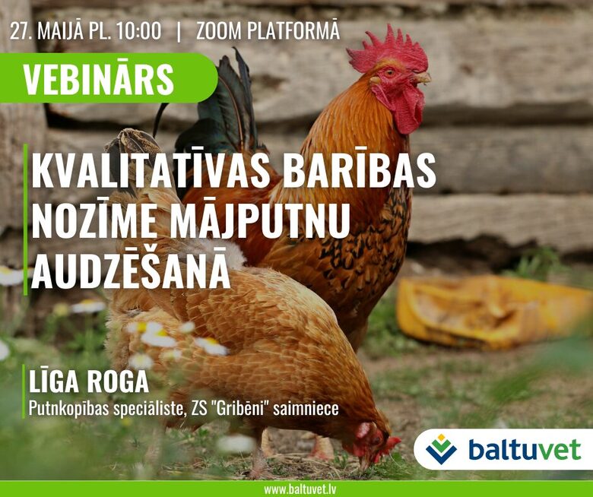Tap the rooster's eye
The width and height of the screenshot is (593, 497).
[x=389, y=71]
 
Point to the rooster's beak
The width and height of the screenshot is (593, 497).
[x=421, y=78]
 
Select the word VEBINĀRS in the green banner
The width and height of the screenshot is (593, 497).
[x=98, y=79]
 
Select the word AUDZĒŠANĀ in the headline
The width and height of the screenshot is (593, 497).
[x=131, y=270]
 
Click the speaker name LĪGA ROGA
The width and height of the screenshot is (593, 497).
[x=89, y=381]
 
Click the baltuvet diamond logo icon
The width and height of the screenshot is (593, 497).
[x=441, y=449]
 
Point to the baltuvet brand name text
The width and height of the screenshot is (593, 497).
[x=524, y=449]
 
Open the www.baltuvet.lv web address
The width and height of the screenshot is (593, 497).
[x=300, y=490]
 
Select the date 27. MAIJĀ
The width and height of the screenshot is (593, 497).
[x=46, y=31]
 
